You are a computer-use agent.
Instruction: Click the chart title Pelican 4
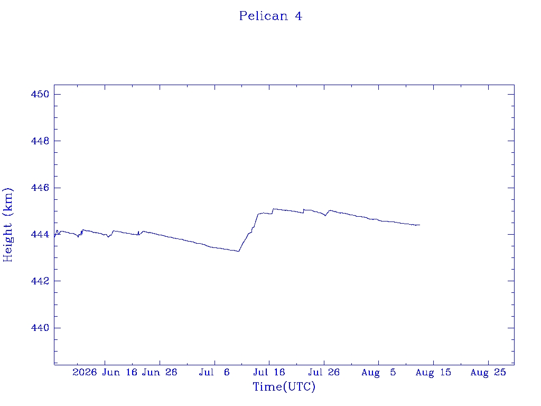pos(270,16)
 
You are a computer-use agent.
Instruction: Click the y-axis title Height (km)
pos(7,225)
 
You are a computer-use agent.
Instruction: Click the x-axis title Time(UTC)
pos(284,386)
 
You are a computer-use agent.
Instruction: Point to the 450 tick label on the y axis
pos(40,94)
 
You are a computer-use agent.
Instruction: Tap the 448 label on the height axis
pos(40,141)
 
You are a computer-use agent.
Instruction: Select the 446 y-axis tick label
pos(40,188)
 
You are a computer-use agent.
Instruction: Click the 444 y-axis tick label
pos(40,234)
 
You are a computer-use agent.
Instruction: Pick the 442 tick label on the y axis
pos(40,281)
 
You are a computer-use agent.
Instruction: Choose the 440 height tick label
pos(40,328)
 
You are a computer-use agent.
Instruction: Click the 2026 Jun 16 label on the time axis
pos(105,372)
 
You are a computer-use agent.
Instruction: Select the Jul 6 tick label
pos(214,372)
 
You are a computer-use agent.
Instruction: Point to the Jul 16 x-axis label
pos(269,372)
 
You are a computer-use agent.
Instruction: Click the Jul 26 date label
pos(324,372)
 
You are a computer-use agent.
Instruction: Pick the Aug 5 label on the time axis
pos(378,372)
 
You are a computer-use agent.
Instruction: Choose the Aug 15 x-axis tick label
pos(433,372)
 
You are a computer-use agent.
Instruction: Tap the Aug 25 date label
pos(488,372)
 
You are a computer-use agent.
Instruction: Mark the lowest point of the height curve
pos(238,251)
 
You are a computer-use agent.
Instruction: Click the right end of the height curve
pos(420,225)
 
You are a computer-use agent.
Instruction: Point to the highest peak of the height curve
pos(274,208)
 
